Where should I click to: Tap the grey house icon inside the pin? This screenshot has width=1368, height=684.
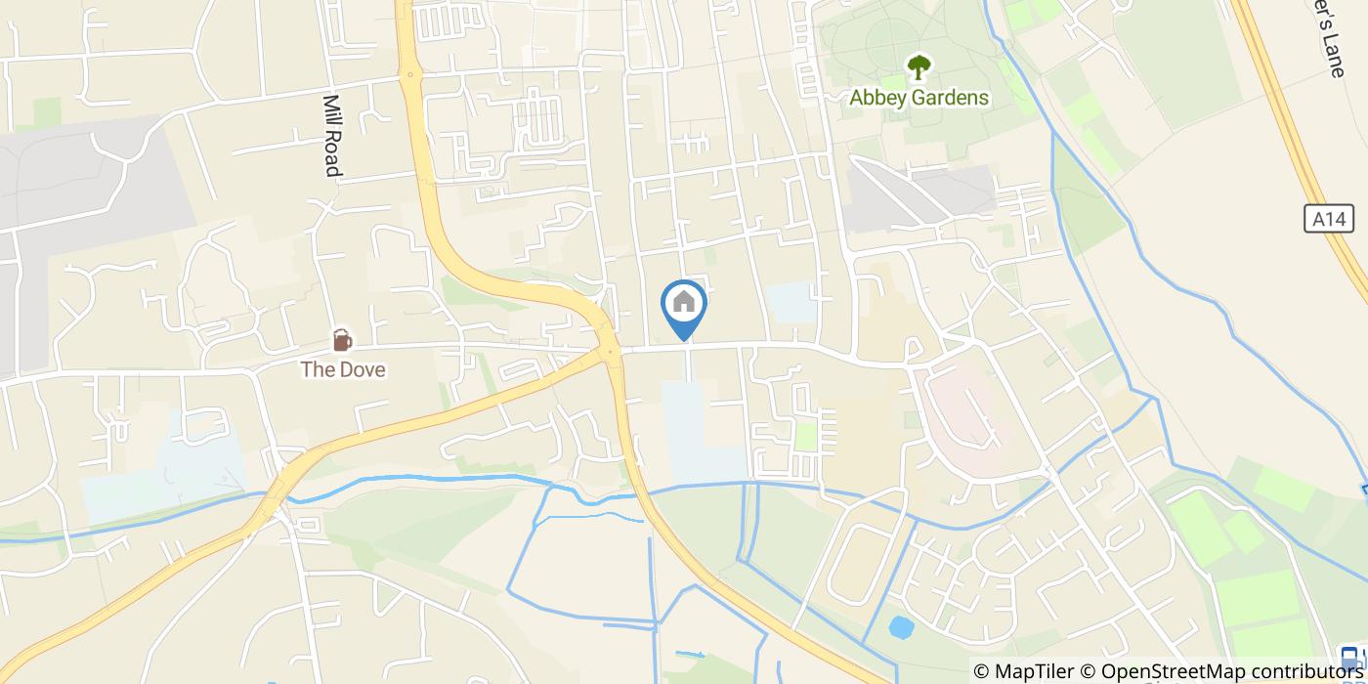[x=684, y=302]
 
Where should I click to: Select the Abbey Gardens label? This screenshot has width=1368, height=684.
[x=919, y=98]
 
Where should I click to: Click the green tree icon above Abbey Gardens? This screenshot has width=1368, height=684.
[x=919, y=67]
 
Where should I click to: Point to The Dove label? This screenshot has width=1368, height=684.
[x=342, y=369]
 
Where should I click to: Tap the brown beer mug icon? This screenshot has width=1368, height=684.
[x=342, y=340]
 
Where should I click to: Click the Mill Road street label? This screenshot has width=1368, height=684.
[x=332, y=136]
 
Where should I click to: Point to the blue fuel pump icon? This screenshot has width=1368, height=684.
[x=1350, y=657]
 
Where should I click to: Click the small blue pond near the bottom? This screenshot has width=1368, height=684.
[x=901, y=626]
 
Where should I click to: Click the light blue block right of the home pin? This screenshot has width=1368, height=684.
[x=791, y=302]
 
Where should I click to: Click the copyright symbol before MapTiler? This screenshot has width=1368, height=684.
[x=981, y=671]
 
